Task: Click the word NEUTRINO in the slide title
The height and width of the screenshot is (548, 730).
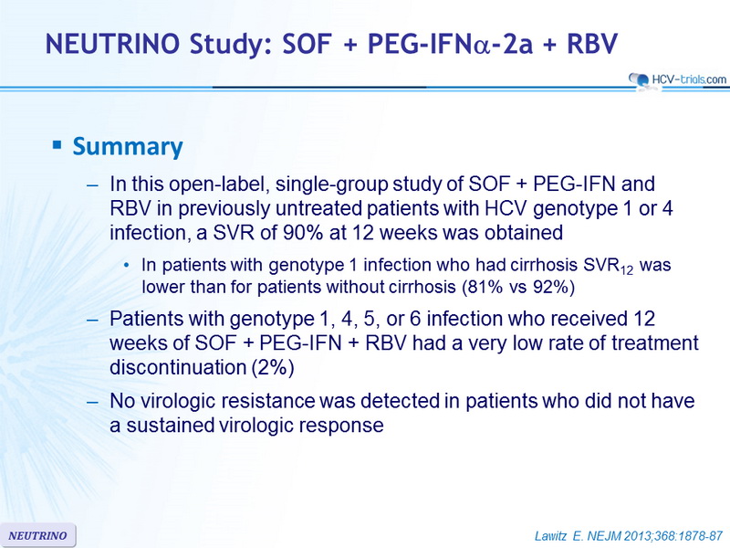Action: click(112, 44)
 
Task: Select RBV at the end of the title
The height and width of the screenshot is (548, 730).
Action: click(592, 44)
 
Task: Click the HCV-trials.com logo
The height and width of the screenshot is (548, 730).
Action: click(677, 79)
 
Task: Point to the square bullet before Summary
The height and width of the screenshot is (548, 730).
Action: click(57, 145)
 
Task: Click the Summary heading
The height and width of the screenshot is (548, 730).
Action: click(128, 147)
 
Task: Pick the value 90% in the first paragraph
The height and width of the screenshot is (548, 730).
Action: click(301, 232)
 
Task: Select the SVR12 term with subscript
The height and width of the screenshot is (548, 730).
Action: click(608, 266)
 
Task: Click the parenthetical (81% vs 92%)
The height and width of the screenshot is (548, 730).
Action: click(518, 287)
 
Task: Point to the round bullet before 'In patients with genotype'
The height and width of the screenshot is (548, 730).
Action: click(127, 266)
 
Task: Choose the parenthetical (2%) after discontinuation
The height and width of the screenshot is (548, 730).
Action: click(273, 367)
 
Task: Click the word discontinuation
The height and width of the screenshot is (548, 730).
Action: click(178, 367)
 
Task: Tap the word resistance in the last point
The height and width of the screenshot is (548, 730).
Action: click(267, 401)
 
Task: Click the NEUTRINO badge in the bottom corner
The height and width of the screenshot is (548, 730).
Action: click(37, 535)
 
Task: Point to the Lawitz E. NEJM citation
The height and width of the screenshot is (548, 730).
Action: click(629, 536)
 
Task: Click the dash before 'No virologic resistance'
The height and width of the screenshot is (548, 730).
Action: click(93, 402)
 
